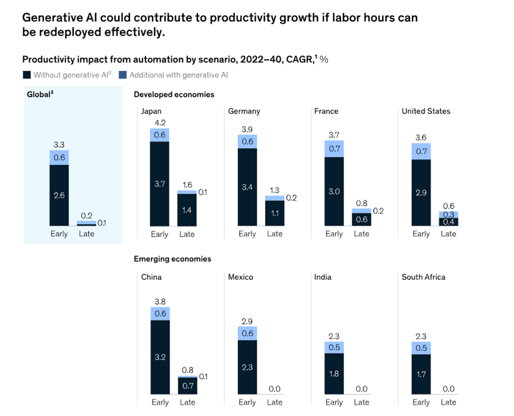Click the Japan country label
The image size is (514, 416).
[x=151, y=111]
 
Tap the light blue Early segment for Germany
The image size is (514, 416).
[x=247, y=141]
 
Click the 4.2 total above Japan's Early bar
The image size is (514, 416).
[x=159, y=123]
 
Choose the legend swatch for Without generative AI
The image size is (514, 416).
[x=26, y=75]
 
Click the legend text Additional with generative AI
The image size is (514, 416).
[x=178, y=75]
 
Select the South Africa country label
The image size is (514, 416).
[x=423, y=277]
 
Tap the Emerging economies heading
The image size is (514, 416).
[x=172, y=259]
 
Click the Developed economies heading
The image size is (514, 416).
[x=174, y=94]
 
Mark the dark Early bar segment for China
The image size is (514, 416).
[x=160, y=357]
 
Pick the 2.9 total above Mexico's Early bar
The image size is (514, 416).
[x=247, y=321]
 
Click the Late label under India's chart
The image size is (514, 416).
[x=361, y=402]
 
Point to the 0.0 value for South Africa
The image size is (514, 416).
[x=449, y=389]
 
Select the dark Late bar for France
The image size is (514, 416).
[x=361, y=219]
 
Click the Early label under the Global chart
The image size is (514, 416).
[x=59, y=234]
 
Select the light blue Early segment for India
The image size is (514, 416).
[x=334, y=348]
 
